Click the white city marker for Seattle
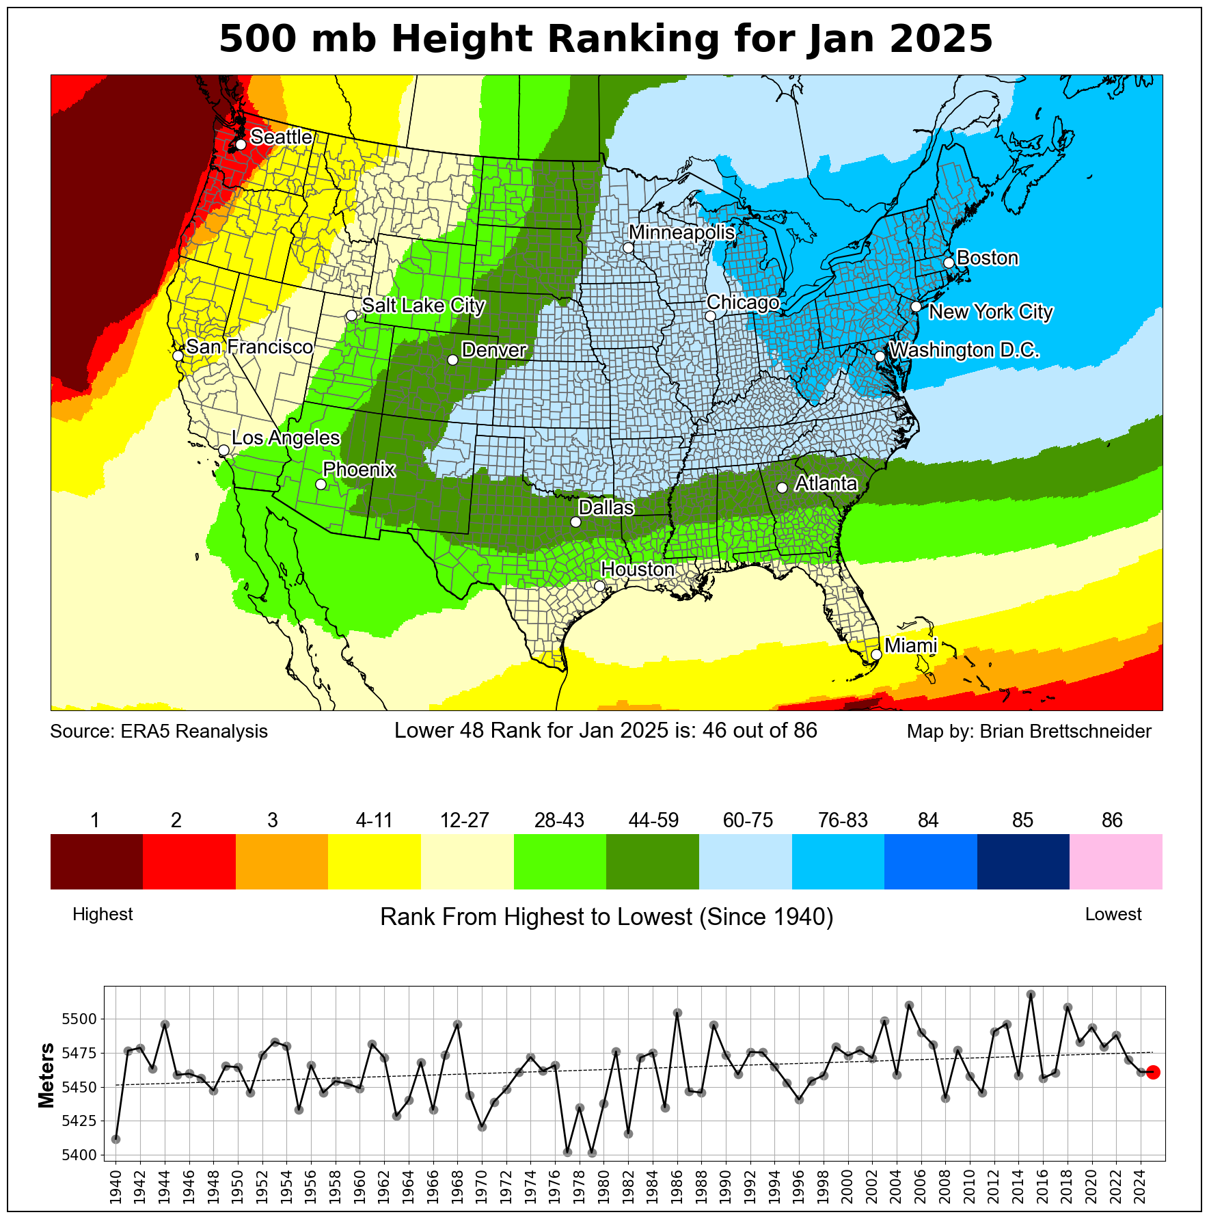pos(241,145)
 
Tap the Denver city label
pos(493,351)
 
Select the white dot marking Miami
pos(876,654)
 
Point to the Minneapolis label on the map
pos(681,233)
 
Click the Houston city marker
pos(599,586)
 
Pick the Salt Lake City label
pos(423,306)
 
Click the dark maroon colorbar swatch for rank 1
pos(96,861)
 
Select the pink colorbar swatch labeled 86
pos(1115,861)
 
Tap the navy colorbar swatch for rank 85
pos(1022,861)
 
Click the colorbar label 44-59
pos(653,820)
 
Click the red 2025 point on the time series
pos(1153,1072)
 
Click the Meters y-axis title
pos(46,1075)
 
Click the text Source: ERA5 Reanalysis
pos(159,732)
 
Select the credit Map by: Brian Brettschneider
pos(1029,732)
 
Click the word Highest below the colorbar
pos(103,915)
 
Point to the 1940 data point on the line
pos(116,1139)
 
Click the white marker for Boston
pos(949,263)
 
